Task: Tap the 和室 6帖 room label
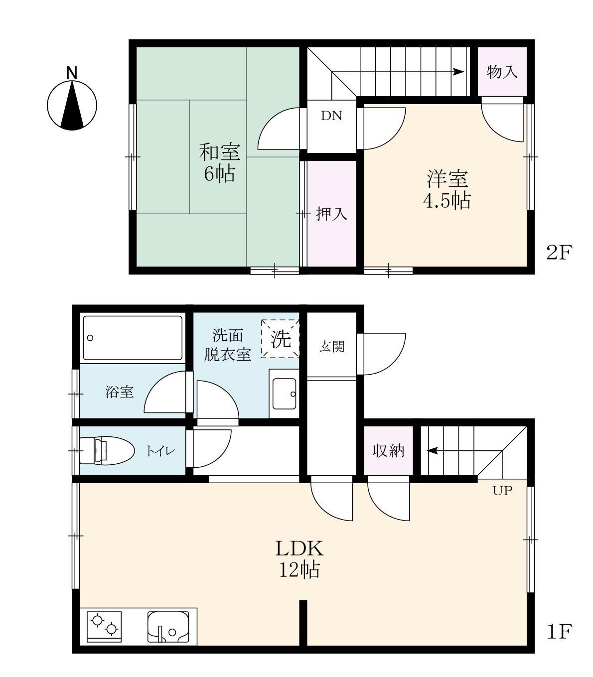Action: pos(219,162)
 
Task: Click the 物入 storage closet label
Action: pos(502,72)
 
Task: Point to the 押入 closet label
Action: pos(332,214)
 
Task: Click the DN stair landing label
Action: pos(331,116)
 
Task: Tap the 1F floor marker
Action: pos(558,632)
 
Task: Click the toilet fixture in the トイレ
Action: pos(107,451)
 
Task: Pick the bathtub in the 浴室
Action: pos(133,338)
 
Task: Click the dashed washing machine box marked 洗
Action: pos(281,339)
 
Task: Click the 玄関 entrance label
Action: pos(331,346)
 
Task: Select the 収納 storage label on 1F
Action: pos(389,451)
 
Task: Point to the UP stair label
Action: pos(502,491)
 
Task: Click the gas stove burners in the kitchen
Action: pos(104,626)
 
